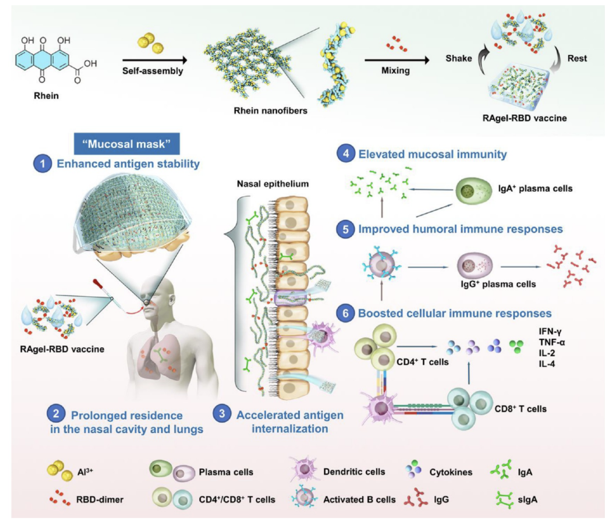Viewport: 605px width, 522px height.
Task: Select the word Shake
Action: click(458, 58)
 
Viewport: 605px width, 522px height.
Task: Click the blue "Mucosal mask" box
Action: click(127, 144)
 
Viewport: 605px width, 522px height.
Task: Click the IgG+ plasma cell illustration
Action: click(471, 267)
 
